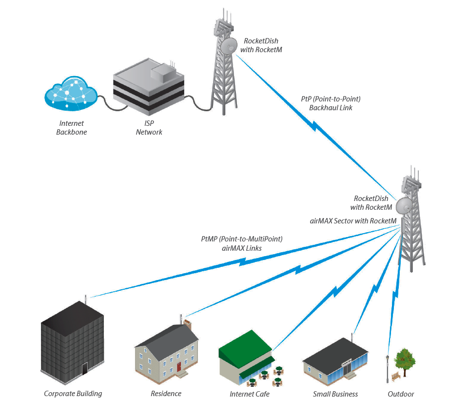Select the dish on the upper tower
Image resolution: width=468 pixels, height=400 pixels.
(x=228, y=47)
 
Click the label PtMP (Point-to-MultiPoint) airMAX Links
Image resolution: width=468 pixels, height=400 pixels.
(x=242, y=243)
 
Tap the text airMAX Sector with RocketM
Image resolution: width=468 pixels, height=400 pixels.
(x=353, y=221)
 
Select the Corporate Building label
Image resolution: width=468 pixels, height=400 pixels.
(x=73, y=394)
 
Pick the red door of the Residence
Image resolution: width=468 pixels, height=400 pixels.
(x=179, y=366)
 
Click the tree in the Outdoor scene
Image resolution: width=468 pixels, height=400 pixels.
(x=405, y=361)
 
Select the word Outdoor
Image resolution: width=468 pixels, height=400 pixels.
(x=401, y=394)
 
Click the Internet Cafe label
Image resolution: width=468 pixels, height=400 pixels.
(x=250, y=394)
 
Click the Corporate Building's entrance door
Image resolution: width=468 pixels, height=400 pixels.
(x=84, y=368)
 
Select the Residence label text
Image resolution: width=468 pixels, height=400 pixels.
(x=166, y=394)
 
